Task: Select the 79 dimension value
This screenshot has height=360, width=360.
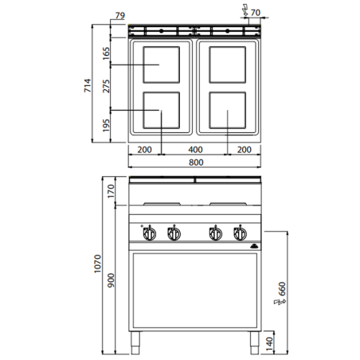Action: [x=121, y=14]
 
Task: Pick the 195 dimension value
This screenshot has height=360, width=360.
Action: [x=105, y=125]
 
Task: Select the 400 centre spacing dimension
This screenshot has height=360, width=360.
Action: [x=194, y=150]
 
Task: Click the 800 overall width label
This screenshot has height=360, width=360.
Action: [x=194, y=162]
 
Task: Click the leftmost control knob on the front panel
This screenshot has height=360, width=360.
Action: [x=149, y=233]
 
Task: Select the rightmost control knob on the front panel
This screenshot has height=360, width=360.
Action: [x=237, y=233]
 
